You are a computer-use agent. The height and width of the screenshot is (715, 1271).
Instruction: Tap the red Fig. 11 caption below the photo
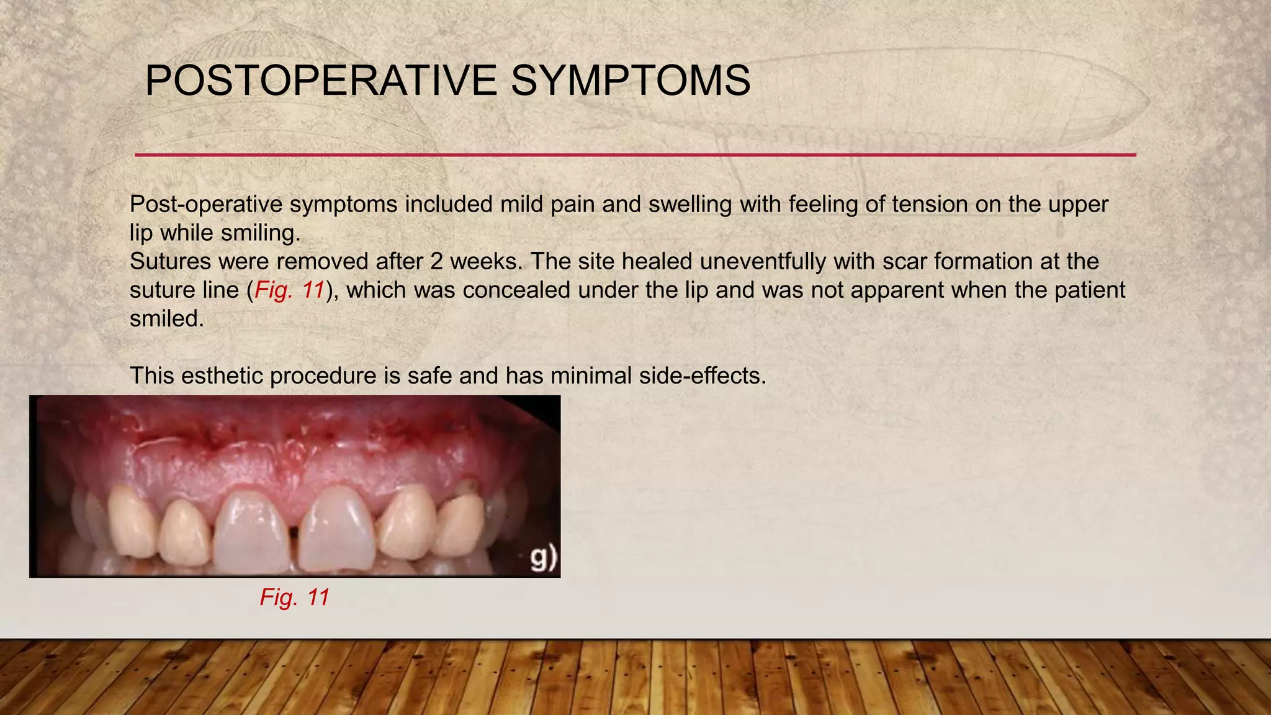[294, 597]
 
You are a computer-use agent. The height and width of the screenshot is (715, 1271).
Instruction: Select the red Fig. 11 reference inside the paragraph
[290, 290]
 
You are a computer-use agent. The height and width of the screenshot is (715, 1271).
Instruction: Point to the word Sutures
[170, 261]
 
